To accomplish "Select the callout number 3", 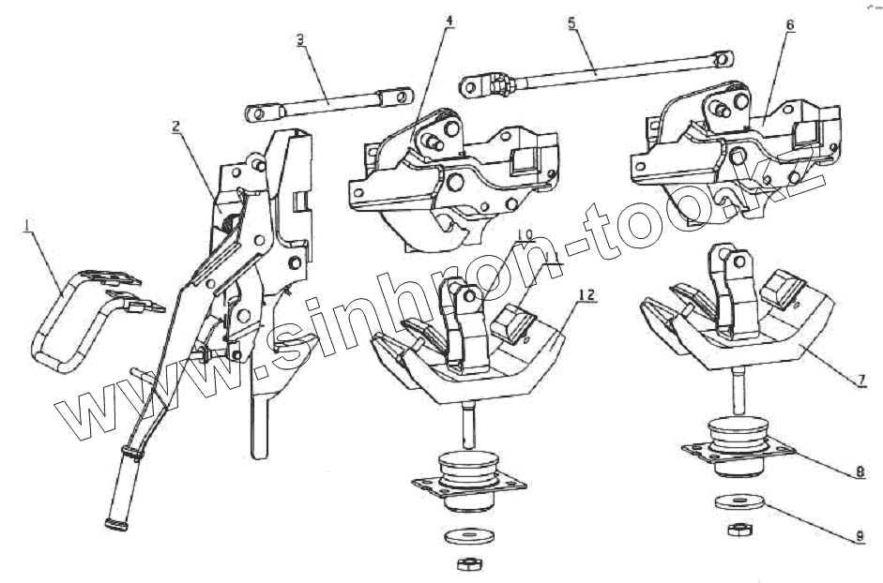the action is click(x=299, y=39).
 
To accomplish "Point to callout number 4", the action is click(x=449, y=22).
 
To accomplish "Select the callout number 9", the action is click(x=859, y=537).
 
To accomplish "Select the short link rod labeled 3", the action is click(x=328, y=102).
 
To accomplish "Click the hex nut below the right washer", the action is click(x=737, y=530).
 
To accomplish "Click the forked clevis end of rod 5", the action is click(x=476, y=87).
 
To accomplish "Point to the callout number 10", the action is click(x=525, y=233).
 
